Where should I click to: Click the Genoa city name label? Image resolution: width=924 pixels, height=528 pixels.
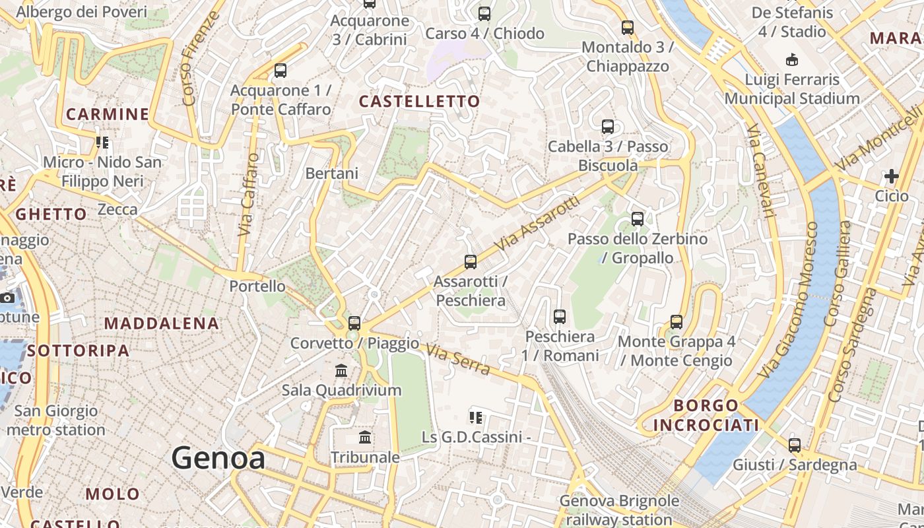click(218, 458)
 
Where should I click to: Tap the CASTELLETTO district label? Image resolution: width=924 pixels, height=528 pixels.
click(419, 101)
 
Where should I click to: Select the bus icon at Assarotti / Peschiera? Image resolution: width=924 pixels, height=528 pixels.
click(471, 262)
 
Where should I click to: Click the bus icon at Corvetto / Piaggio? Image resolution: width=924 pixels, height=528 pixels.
click(354, 323)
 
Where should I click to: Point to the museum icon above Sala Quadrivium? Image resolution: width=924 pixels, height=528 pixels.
click(341, 371)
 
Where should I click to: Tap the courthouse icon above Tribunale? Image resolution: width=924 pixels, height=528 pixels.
click(365, 438)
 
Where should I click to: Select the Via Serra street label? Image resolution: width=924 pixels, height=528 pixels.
click(459, 360)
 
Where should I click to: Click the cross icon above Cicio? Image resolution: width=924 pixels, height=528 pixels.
click(892, 176)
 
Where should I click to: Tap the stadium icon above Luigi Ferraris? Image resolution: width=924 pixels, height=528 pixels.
click(792, 60)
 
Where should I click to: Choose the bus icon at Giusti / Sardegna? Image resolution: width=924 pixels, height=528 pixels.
click(795, 445)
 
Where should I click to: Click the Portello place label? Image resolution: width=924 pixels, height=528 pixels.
click(257, 286)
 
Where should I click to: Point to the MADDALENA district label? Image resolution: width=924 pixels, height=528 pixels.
click(161, 323)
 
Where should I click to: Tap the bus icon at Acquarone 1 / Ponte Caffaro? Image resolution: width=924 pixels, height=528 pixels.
click(280, 71)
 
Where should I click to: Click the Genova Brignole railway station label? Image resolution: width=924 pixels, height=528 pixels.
click(619, 510)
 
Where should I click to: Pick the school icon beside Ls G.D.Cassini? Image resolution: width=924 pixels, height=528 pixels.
click(475, 418)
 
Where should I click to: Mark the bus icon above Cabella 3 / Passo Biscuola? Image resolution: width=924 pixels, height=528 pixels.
click(608, 127)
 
